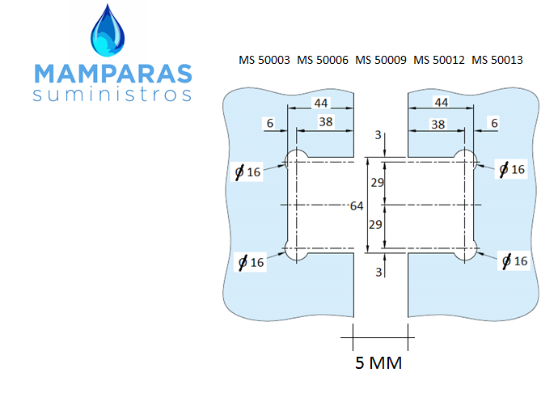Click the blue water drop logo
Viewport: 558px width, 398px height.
[x=108, y=31]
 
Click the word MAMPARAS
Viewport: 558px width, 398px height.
[x=113, y=74]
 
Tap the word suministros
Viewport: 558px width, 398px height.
[x=112, y=95]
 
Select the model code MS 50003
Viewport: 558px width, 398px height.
[x=264, y=60]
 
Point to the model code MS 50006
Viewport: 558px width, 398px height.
[x=323, y=60]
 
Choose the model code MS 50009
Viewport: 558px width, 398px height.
[x=381, y=60]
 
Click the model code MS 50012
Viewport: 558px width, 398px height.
[x=439, y=60]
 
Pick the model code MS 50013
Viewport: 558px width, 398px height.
[x=497, y=60]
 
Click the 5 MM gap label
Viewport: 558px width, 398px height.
[x=378, y=362]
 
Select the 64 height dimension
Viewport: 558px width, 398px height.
[x=357, y=205]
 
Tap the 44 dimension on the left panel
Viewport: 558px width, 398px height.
[x=320, y=104]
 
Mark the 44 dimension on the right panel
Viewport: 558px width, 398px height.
[x=442, y=103]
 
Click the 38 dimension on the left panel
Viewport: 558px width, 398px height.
[x=326, y=122]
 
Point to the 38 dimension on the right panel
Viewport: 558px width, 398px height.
[x=438, y=125]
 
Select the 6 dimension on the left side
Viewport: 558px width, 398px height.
[x=270, y=123]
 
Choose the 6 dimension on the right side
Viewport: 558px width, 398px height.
[x=494, y=123]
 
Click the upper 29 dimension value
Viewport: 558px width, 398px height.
[x=377, y=183]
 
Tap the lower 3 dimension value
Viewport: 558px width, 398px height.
[x=378, y=272]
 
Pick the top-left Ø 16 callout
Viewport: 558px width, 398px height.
[x=247, y=172]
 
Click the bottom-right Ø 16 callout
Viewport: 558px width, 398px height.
[x=514, y=261]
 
